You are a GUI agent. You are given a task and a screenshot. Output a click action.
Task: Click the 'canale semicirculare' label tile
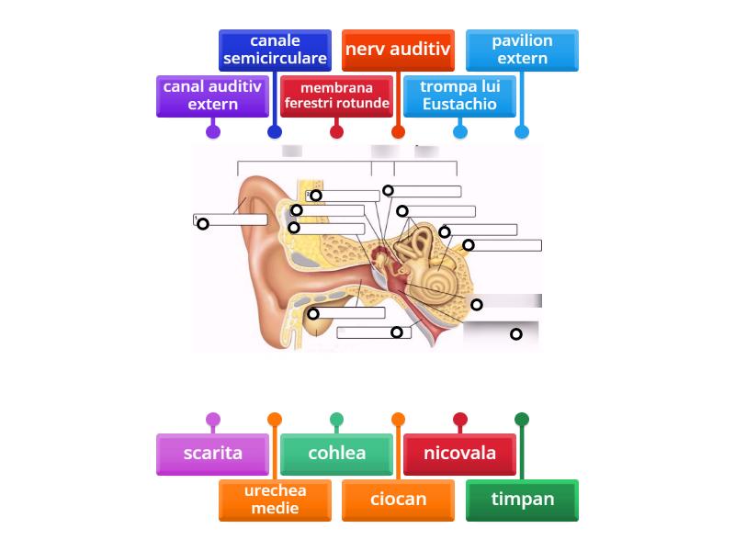point(275,50)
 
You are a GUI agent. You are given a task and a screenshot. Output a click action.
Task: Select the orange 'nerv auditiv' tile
point(398,50)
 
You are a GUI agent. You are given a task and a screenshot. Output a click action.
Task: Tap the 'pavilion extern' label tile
point(522,50)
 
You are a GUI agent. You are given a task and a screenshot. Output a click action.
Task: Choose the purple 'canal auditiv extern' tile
point(212,96)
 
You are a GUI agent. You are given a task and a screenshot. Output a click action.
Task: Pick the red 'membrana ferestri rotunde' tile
point(336,96)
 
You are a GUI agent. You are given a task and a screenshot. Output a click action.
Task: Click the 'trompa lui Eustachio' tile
point(459,96)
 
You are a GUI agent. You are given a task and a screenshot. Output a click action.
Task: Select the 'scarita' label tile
point(212,454)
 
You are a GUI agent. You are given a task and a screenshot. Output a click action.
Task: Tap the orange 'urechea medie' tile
point(275,500)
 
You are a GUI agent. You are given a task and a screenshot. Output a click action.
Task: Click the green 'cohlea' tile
point(336,454)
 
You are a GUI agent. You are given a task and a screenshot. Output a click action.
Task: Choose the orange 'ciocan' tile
point(398,500)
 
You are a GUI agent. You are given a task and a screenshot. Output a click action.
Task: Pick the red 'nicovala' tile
point(459,454)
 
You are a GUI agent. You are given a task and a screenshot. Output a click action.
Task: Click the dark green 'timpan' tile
point(522,500)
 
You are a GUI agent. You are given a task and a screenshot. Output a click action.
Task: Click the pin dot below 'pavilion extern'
point(522,131)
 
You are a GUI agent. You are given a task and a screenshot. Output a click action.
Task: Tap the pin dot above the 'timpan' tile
point(522,420)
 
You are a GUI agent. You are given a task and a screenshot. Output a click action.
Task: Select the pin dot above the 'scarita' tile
point(212,420)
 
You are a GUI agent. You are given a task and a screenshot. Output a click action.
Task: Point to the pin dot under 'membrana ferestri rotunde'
point(336,131)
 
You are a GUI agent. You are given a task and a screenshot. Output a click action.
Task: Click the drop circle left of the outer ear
point(203,223)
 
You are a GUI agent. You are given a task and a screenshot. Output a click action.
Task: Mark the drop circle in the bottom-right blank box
point(516,334)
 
